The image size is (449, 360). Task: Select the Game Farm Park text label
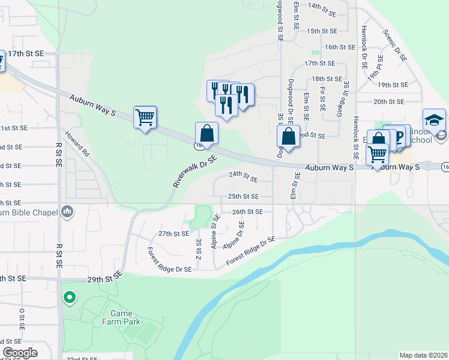pyautogui.click(x=125, y=317)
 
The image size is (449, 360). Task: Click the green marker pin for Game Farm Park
pyautogui.click(x=70, y=297)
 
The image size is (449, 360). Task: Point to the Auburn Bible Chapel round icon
pyautogui.click(x=67, y=212)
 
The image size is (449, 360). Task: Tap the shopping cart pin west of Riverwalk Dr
pyautogui.click(x=145, y=116)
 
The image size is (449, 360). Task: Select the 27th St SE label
pyautogui.click(x=173, y=233)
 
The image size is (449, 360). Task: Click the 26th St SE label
pyautogui.click(x=247, y=212)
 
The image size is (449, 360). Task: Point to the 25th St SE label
pyautogui.click(x=243, y=196)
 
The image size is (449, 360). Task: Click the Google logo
pyautogui.click(x=20, y=353)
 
